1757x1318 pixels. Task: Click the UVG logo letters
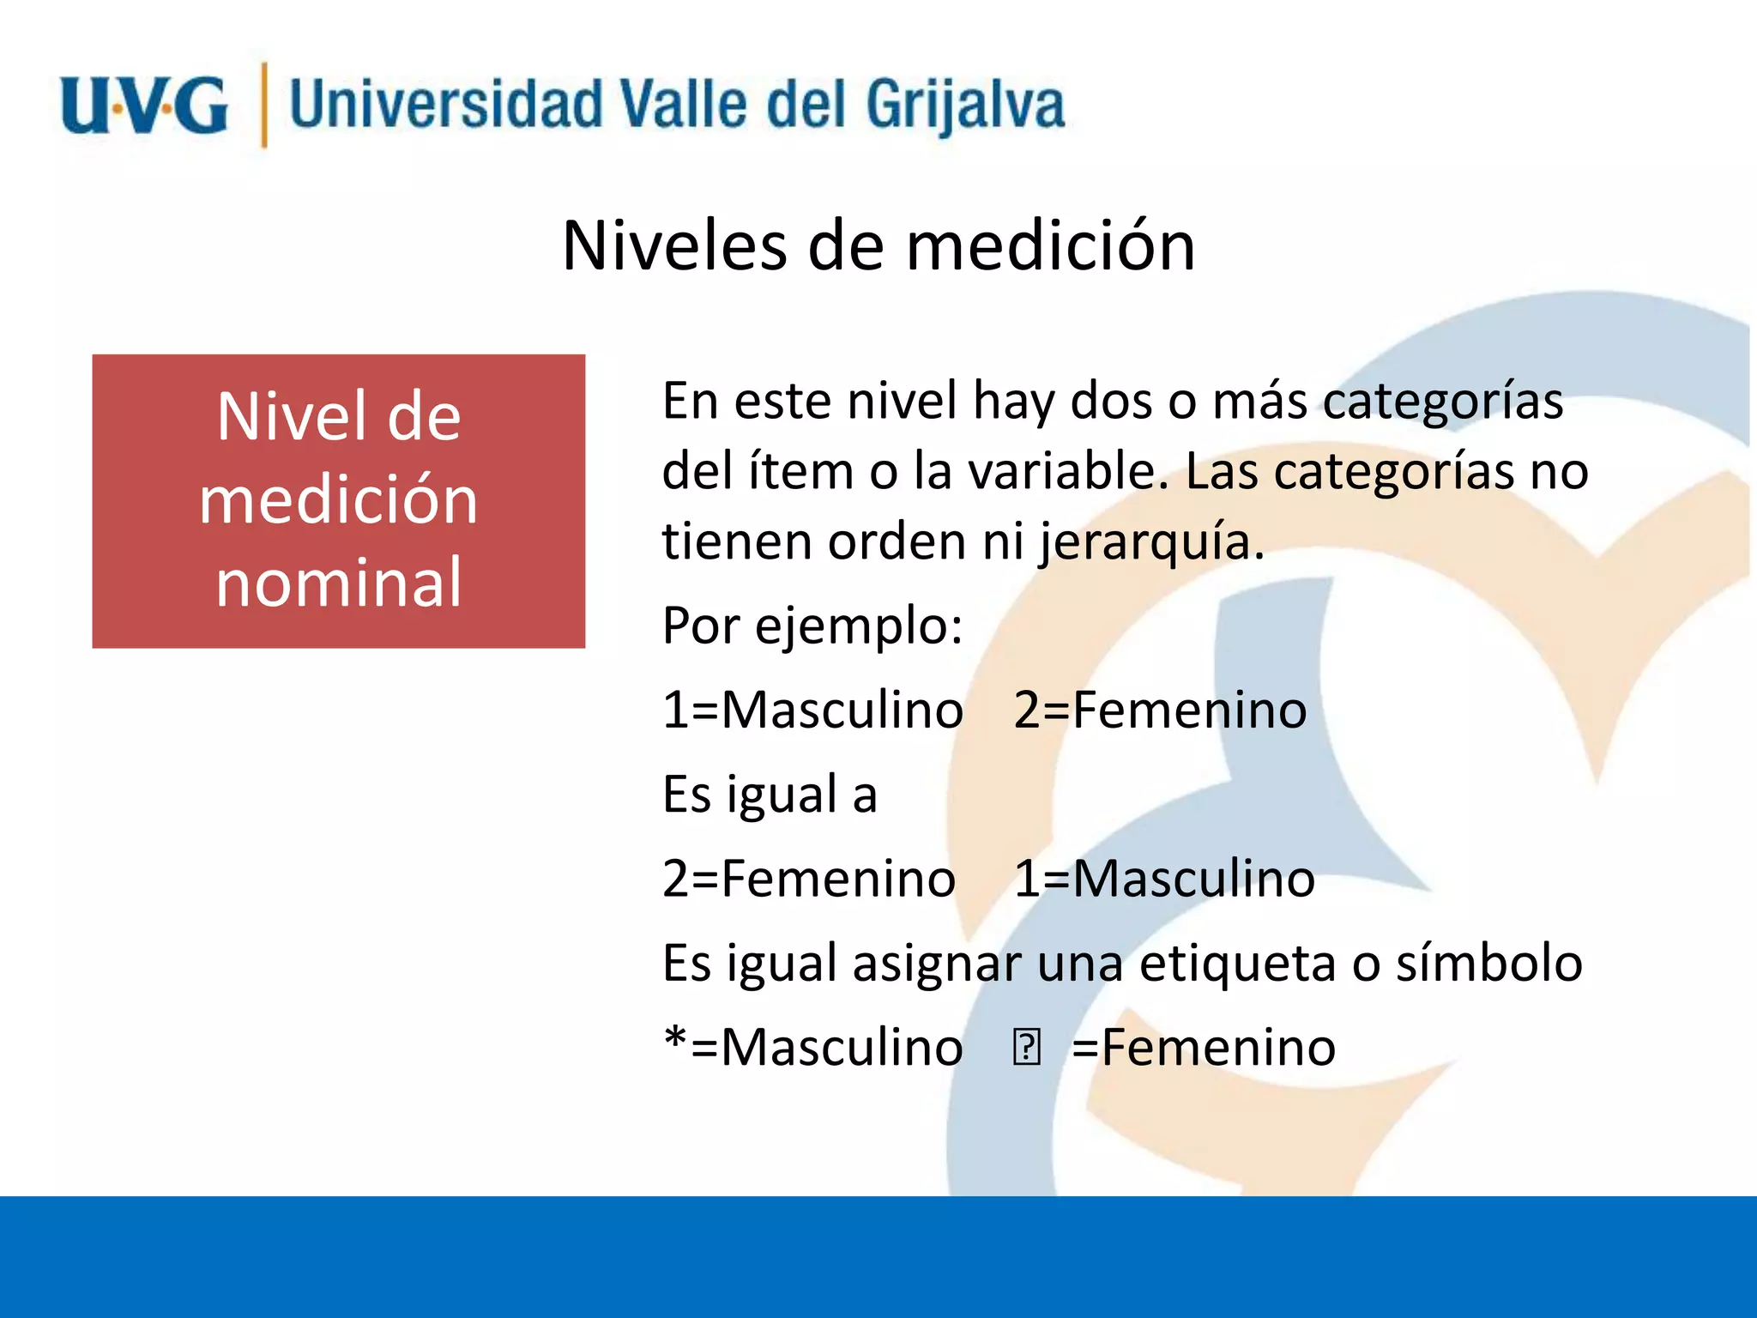pyautogui.click(x=144, y=106)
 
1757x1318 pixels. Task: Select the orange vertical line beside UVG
pyautogui.click(x=263, y=106)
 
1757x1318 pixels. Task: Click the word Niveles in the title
pyautogui.click(x=674, y=246)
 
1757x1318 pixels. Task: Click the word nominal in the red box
pyautogui.click(x=339, y=583)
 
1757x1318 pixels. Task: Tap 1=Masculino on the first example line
pyautogui.click(x=812, y=710)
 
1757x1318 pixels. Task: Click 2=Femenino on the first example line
pyautogui.click(x=1160, y=710)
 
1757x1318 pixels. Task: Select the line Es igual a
pyautogui.click(x=770, y=795)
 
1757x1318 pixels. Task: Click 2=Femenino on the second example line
pyautogui.click(x=808, y=880)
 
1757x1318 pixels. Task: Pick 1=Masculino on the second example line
pyautogui.click(x=1164, y=880)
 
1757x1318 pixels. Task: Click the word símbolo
pyautogui.click(x=1488, y=964)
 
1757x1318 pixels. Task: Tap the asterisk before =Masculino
pyautogui.click(x=675, y=1040)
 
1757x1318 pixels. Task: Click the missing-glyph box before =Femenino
pyautogui.click(x=1026, y=1048)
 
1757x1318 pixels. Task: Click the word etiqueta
pyautogui.click(x=1237, y=964)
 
